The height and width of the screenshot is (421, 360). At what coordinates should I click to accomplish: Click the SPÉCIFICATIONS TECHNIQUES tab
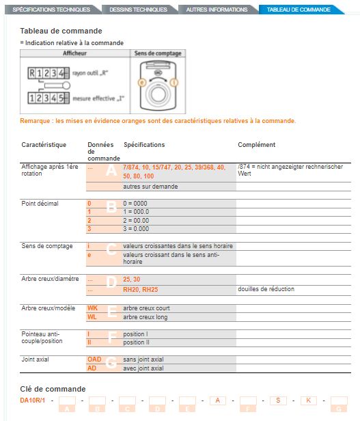(x=51, y=10)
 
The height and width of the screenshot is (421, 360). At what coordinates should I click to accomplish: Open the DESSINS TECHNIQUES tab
(x=137, y=10)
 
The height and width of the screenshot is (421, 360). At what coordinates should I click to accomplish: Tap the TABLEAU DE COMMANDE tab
(x=299, y=10)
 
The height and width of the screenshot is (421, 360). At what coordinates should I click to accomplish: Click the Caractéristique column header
(x=44, y=145)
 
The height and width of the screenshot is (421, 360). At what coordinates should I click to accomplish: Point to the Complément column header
(x=256, y=145)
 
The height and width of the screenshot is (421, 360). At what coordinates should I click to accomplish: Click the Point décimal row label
(x=40, y=204)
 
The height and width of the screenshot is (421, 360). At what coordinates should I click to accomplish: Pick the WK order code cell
(x=93, y=308)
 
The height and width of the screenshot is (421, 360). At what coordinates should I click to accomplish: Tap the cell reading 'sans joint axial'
(x=143, y=359)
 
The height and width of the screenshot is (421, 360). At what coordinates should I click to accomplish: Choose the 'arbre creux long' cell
(x=146, y=316)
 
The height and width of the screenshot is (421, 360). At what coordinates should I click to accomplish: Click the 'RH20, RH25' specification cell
(x=141, y=289)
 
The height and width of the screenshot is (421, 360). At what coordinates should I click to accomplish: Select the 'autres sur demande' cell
(x=150, y=186)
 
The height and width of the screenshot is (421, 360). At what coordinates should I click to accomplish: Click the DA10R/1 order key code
(x=32, y=399)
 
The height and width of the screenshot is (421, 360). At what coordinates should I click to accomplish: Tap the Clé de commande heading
(x=53, y=388)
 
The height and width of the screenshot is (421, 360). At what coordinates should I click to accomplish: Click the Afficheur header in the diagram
(x=74, y=53)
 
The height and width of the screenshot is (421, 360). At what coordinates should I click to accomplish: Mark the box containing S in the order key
(x=278, y=400)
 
